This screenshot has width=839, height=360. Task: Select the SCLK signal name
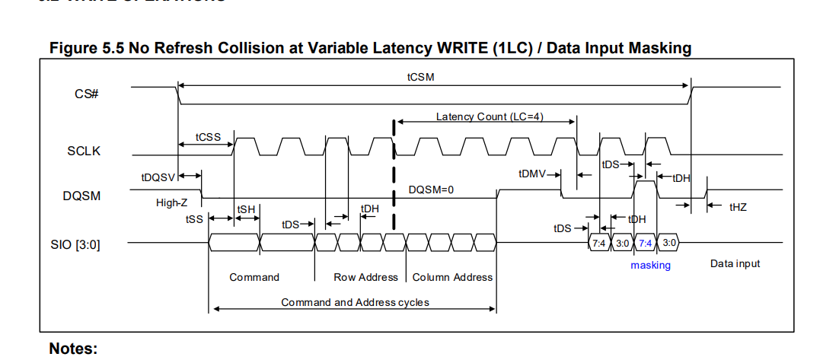[84, 151]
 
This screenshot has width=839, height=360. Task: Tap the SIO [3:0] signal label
[79, 244]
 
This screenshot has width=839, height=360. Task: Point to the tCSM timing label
[421, 77]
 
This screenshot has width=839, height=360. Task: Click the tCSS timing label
[209, 137]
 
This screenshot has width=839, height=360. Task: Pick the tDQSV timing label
[158, 177]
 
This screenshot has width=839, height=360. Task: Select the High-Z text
[172, 202]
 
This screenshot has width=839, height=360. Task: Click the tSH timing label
[246, 209]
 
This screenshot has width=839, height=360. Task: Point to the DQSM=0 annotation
[431, 190]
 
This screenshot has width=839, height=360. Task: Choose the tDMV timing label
[531, 174]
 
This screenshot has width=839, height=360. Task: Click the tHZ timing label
[738, 206]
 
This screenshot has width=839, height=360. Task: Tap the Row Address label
[366, 277]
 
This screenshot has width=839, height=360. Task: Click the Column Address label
[452, 277]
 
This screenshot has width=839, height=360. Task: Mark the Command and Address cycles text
[355, 302]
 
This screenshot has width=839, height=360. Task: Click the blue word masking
[650, 265]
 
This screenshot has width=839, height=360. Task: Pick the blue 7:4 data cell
[646, 244]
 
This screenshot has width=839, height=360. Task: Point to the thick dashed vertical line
[394, 175]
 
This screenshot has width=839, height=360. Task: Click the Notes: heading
[73, 349]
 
